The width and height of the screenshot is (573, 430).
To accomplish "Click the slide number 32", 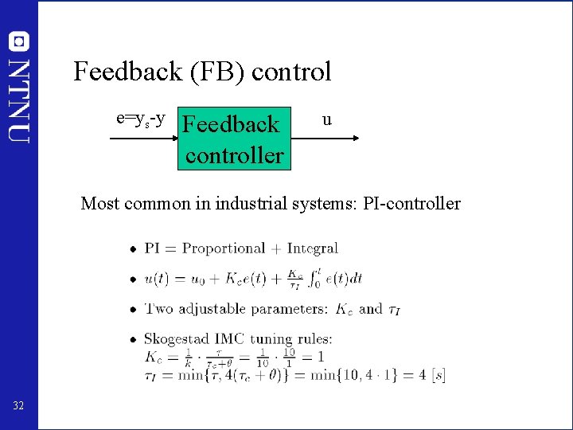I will point(18,407).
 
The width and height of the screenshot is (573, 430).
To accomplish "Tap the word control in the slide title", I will point(291,72).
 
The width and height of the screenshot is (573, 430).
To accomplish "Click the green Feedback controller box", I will point(233,139).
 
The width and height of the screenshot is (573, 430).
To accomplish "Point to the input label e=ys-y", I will point(141,119).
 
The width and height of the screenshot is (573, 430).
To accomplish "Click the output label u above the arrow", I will point(326,120).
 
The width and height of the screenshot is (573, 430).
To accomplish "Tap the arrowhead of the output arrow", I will point(355,139).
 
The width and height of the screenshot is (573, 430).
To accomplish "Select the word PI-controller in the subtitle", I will point(411,203).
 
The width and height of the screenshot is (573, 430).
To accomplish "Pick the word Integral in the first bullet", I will point(313,248).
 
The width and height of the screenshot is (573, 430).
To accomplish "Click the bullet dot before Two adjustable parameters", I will point(132,310).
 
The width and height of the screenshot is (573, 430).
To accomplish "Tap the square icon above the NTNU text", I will point(19,41).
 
